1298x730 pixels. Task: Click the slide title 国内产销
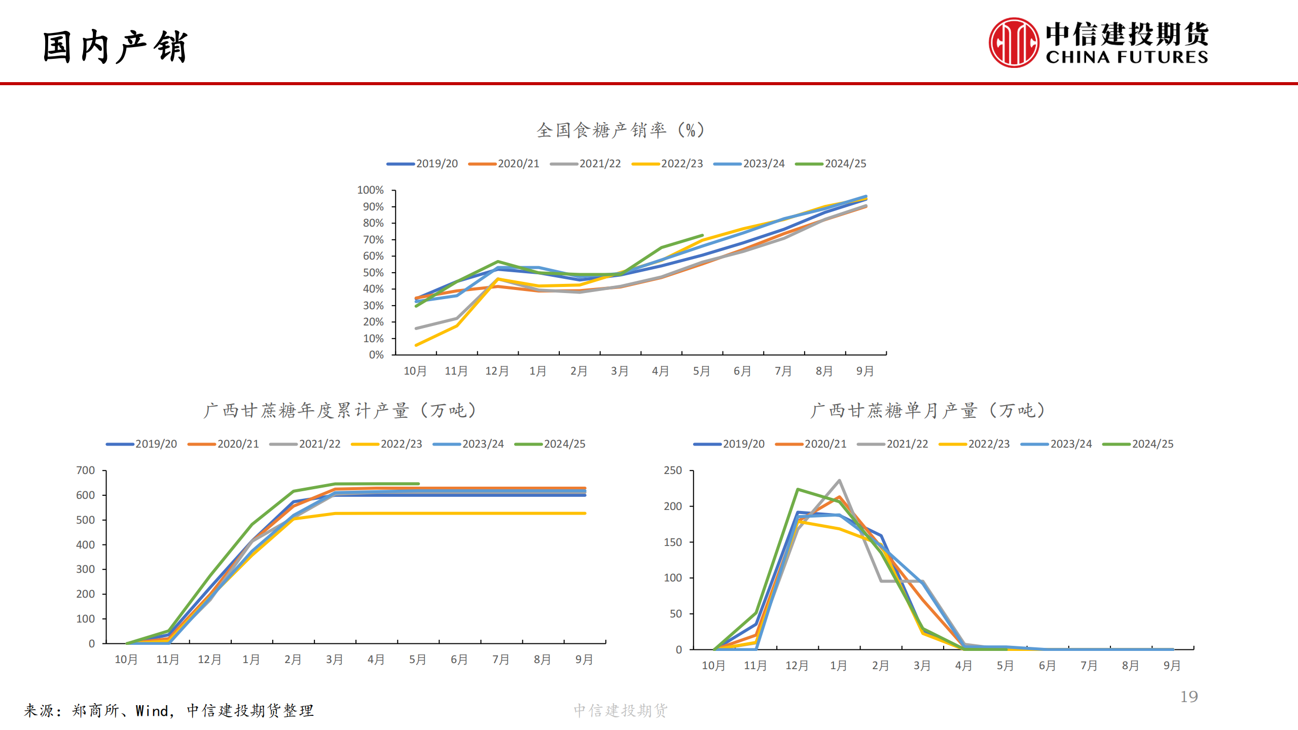point(116,47)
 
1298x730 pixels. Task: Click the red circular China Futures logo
point(1013,43)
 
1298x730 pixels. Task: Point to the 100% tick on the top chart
point(371,190)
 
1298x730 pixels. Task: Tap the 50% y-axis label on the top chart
point(373,273)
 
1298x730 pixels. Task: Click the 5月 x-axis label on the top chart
point(701,371)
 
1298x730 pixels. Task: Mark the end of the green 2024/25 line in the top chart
point(702,235)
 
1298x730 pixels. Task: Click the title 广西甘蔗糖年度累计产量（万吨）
point(340,411)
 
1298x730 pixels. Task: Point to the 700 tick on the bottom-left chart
point(86,470)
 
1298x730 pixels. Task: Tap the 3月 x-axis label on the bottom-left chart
point(334,660)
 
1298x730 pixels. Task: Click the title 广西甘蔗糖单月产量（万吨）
point(928,411)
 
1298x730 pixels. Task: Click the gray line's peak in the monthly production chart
point(839,481)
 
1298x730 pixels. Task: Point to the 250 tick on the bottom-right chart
point(673,470)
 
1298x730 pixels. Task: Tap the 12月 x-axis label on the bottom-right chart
point(797,666)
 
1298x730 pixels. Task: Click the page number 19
point(1189,697)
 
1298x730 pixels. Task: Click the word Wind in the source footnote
point(152,711)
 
